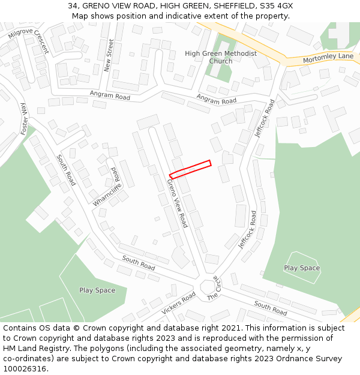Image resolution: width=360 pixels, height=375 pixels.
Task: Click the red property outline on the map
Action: pos(190,169)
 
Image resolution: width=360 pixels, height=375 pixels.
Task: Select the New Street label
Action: pos(109,56)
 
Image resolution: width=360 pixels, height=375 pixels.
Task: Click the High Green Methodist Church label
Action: pos(220,57)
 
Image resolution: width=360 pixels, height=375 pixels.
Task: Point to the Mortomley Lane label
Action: pos(328,56)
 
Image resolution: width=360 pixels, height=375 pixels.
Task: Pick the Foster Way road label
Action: pos(25,118)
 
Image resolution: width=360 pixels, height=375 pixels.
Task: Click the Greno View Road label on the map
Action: pos(177,204)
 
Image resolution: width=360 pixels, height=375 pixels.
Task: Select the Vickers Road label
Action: pos(178,304)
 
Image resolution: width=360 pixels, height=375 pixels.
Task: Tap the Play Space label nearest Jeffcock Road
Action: pos(302,268)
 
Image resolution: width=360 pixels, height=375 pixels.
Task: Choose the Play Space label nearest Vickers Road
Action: pos(97,290)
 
